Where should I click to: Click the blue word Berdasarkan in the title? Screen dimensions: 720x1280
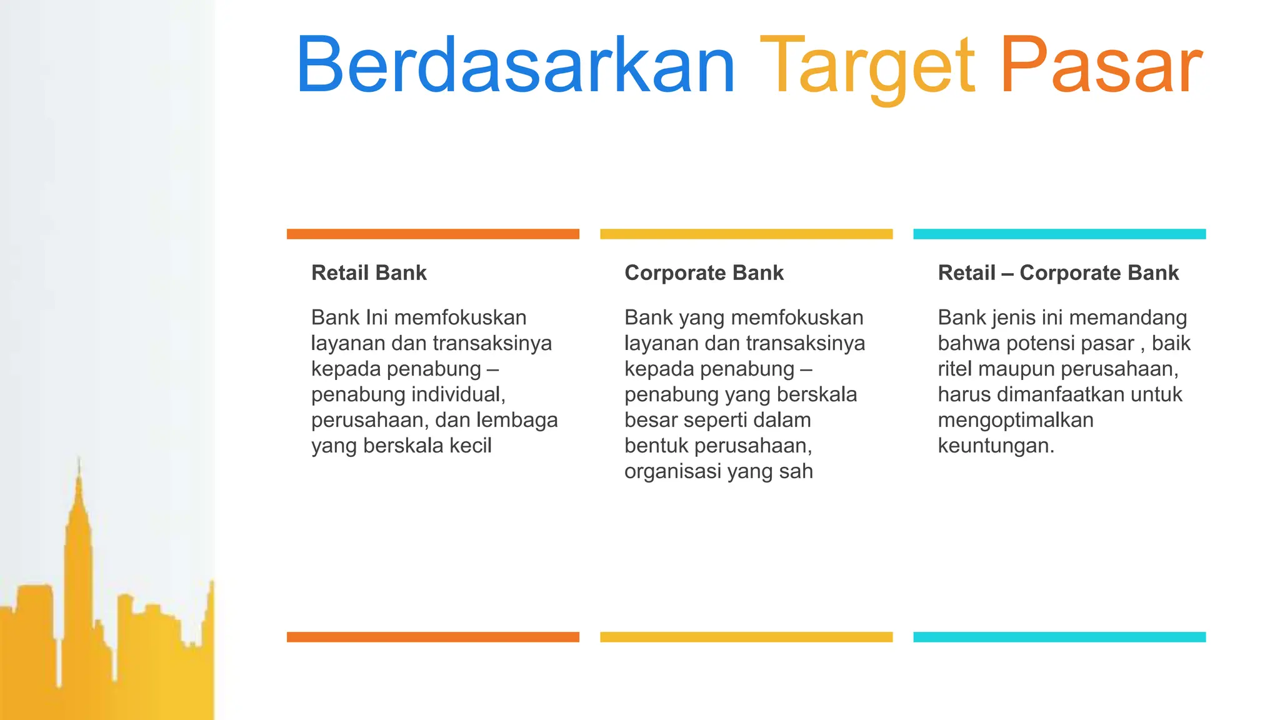click(515, 66)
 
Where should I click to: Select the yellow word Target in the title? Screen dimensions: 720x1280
click(867, 67)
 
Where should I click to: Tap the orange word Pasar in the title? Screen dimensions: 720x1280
click(1101, 66)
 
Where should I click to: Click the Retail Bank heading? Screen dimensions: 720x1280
click(369, 272)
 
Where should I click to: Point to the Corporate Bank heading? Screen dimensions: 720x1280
click(704, 272)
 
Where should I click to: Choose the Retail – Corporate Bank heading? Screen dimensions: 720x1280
click(1058, 272)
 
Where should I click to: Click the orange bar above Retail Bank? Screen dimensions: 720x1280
click(432, 234)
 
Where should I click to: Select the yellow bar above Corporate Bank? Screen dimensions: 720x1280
click(746, 234)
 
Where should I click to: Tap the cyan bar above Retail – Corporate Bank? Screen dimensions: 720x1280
click(1059, 234)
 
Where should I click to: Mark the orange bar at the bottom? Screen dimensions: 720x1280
click(432, 637)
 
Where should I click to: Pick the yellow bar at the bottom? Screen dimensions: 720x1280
click(746, 637)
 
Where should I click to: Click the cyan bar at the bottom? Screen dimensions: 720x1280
click(1059, 637)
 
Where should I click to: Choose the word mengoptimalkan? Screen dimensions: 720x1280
click(1016, 420)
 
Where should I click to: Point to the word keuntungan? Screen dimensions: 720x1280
click(995, 446)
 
